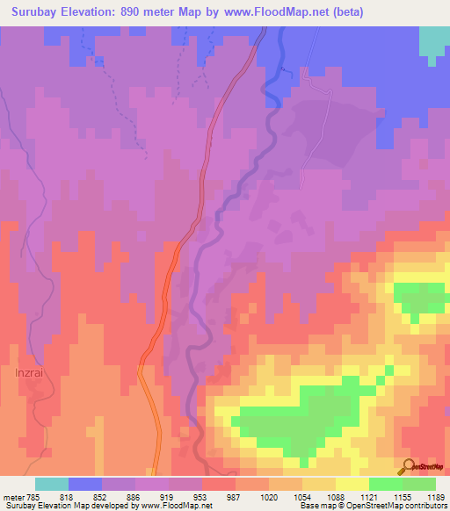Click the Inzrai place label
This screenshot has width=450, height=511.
click(30, 371)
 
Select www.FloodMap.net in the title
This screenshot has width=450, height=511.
click(271, 11)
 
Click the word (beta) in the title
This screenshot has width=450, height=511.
click(345, 11)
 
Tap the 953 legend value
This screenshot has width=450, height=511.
click(202, 497)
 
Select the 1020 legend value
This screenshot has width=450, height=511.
click(269, 497)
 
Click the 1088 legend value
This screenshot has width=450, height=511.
click(336, 497)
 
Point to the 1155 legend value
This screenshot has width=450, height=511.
click(403, 497)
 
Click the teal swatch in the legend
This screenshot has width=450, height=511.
click(52, 484)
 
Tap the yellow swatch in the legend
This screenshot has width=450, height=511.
click(352, 484)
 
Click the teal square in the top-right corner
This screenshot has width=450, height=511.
click(433, 41)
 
